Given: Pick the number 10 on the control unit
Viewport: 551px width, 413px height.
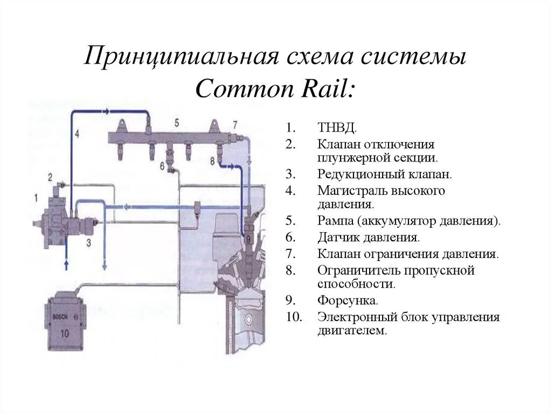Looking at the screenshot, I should coord(65,333).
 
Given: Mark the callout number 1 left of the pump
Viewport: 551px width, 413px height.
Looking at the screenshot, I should coord(36,198).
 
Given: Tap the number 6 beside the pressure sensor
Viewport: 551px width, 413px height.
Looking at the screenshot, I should coord(162,166).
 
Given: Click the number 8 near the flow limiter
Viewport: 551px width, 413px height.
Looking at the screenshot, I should coord(213,160).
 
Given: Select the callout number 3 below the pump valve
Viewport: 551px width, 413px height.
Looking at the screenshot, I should coord(89,243).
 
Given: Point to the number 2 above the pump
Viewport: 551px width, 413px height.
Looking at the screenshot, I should coord(50,177).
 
